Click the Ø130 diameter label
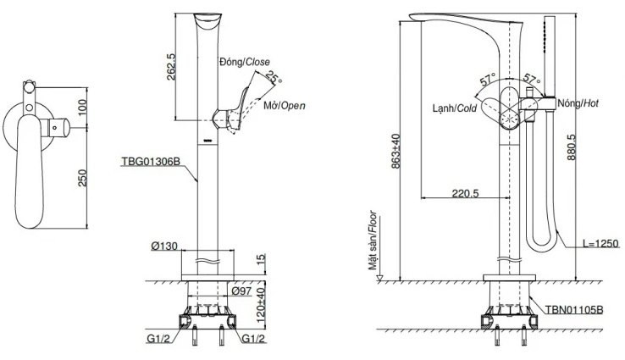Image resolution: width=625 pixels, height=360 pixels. click(x=164, y=246)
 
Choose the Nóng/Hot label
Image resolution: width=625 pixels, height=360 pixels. click(x=579, y=103)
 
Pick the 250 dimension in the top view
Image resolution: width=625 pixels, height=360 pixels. click(x=82, y=177)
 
